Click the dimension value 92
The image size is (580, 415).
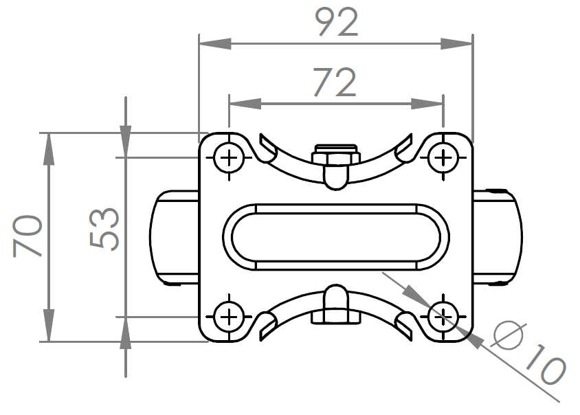337,23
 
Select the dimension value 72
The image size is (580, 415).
335,82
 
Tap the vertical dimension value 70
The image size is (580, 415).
28,236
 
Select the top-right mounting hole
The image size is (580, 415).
443,159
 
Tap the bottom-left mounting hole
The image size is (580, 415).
227,317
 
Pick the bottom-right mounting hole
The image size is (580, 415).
443,317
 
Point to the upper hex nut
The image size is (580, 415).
335,157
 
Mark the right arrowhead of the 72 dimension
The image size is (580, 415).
430,104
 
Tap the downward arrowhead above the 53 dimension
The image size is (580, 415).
125,142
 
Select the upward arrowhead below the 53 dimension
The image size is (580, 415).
125,333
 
